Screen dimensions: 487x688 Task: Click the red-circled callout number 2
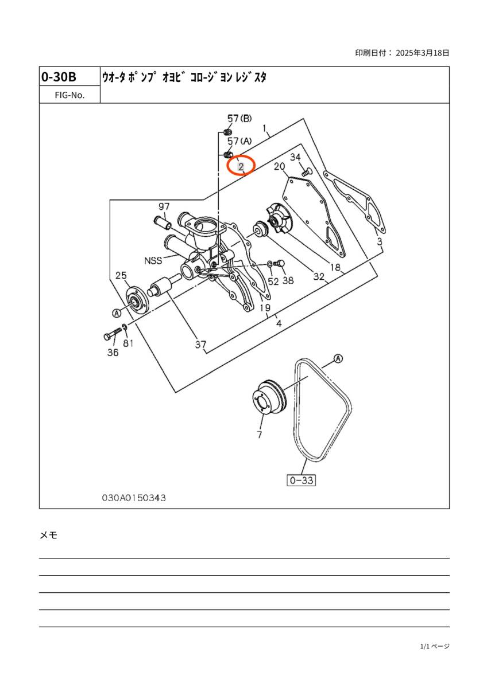[x=241, y=166]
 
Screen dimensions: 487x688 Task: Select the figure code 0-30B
[x=59, y=77]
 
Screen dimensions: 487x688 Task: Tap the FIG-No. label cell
[x=69, y=95]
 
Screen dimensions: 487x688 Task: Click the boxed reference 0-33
[x=302, y=480]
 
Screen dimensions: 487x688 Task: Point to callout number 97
[x=164, y=206]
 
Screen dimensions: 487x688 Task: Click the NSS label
[x=153, y=260]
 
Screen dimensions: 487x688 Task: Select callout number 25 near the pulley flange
[x=121, y=275]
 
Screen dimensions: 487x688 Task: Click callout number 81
[x=128, y=343]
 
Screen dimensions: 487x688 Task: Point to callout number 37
[x=200, y=345]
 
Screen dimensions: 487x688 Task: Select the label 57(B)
[x=239, y=118]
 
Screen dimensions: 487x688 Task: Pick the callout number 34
[x=295, y=157]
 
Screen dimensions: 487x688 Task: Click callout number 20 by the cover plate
[x=279, y=166]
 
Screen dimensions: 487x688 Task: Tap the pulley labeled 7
[x=269, y=399]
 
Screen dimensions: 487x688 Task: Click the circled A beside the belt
[x=338, y=358]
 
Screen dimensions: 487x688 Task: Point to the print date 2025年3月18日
[x=423, y=53]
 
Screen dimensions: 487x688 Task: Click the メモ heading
[x=49, y=535]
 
